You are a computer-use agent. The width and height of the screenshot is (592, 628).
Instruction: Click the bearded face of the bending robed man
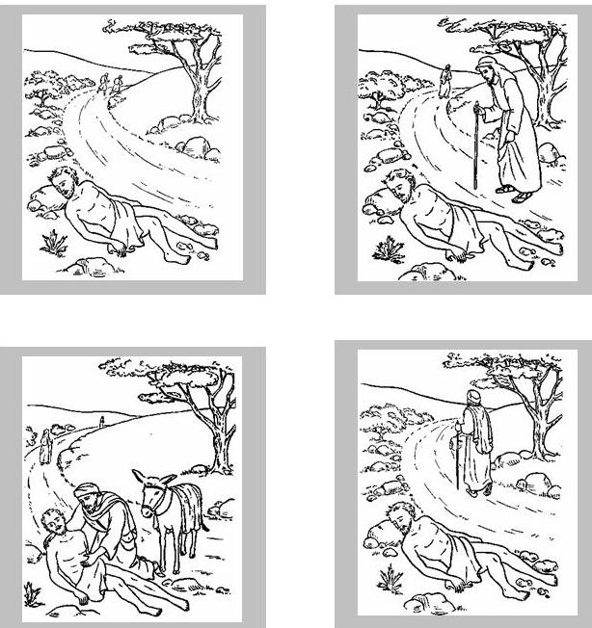tap(490, 74)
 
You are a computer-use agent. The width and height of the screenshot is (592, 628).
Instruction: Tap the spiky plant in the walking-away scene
tap(391, 576)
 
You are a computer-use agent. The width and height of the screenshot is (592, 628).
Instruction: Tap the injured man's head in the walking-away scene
tap(399, 520)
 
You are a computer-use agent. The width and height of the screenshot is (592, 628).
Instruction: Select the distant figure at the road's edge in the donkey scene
tap(43, 445)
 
